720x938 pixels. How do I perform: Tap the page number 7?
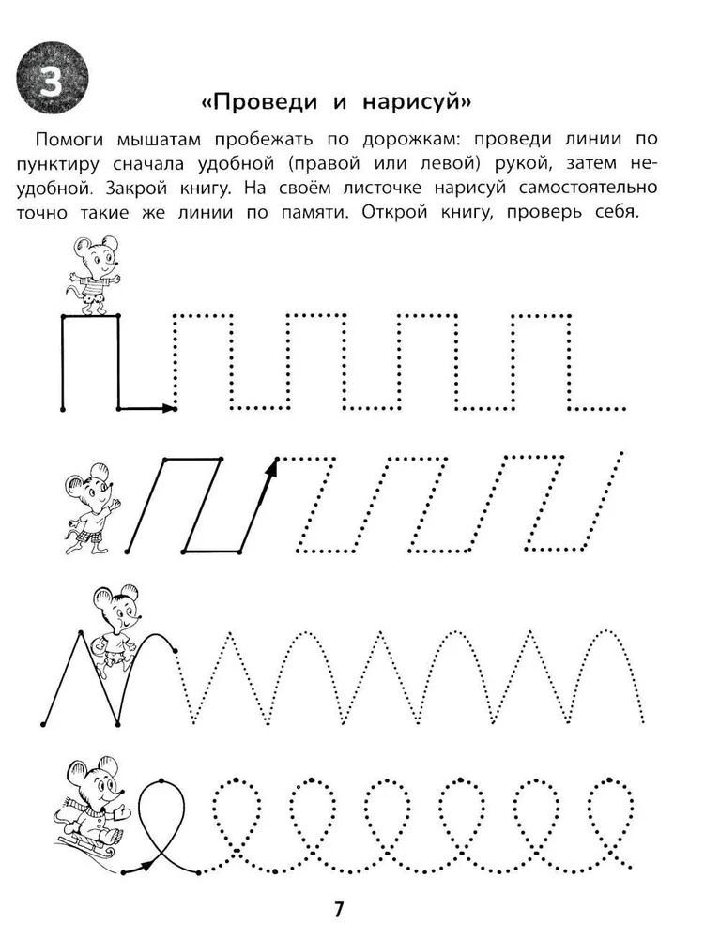click(340, 909)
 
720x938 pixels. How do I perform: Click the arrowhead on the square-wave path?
click(169, 408)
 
